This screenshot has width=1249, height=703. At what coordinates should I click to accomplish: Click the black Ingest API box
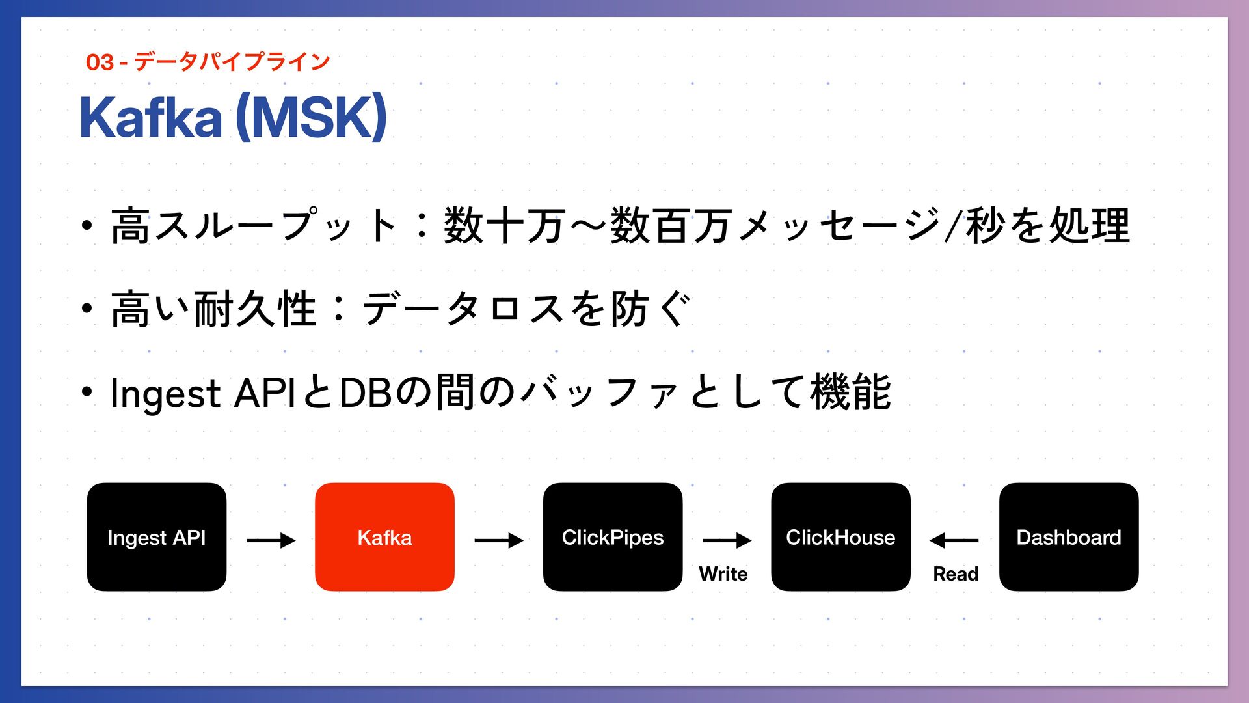coord(156,537)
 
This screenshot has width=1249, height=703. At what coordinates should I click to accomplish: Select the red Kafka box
coord(384,537)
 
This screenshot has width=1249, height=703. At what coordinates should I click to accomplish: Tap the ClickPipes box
coord(613,537)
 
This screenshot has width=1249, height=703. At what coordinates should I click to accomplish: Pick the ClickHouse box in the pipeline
coord(840,537)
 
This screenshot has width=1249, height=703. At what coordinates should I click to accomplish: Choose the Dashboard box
coord(1069,537)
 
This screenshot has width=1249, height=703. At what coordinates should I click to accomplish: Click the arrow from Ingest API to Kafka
coord(271,540)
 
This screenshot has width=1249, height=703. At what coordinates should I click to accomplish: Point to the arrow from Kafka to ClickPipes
coord(499,540)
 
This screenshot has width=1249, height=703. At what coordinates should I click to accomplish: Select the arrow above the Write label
coord(727,540)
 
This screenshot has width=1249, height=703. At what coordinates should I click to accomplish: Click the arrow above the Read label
coord(954,540)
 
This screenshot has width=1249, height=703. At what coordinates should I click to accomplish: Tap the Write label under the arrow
coord(723,574)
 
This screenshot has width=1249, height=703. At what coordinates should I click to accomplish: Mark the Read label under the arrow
coord(956,574)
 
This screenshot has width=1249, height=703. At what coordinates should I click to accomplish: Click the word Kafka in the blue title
coord(151,118)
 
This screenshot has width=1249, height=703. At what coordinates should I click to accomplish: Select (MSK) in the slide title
coord(311,118)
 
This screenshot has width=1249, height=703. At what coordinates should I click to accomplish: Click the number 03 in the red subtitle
coord(100,62)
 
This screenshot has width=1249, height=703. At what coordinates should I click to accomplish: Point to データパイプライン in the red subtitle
coord(232,62)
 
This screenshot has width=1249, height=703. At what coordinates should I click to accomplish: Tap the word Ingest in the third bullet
coord(166,394)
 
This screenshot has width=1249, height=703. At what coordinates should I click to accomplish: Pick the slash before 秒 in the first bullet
coord(954,226)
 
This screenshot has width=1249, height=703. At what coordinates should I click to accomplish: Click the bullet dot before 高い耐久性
coord(87,309)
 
